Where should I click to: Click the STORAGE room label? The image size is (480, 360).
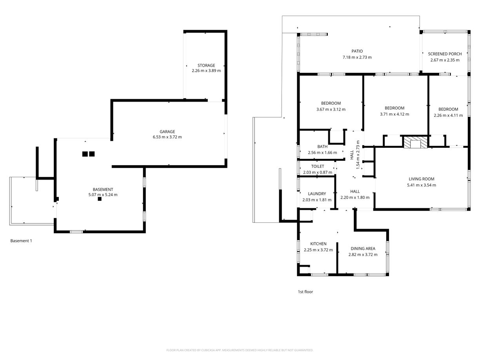(x=206, y=65)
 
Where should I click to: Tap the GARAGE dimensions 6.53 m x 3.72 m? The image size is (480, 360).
(x=167, y=137)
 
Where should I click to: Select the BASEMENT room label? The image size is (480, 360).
(x=103, y=189)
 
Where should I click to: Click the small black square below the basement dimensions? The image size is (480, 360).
(x=100, y=199)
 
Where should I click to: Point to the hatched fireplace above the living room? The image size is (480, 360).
(x=415, y=142)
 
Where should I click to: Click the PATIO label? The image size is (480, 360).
(x=357, y=51)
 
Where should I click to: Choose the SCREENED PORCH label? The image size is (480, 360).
(x=445, y=54)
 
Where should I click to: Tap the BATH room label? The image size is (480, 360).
(x=322, y=146)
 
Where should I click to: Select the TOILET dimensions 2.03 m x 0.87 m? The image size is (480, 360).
(x=318, y=172)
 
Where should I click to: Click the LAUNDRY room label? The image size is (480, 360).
(x=317, y=194)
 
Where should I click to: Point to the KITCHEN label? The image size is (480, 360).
(x=318, y=244)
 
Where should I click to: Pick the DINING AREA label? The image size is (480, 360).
(x=363, y=249)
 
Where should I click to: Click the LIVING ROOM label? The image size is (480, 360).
(x=422, y=179)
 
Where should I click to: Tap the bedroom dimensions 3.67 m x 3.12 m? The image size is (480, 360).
(x=331, y=109)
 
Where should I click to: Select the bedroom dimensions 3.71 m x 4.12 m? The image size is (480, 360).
(x=394, y=114)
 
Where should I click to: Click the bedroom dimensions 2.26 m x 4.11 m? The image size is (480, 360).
(x=448, y=115)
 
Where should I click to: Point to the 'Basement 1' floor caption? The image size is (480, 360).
(x=21, y=241)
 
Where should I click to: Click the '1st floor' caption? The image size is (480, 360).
(x=305, y=292)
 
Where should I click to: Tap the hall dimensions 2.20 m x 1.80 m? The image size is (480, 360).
(x=355, y=198)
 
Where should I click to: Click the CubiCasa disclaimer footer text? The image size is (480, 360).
(x=240, y=350)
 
